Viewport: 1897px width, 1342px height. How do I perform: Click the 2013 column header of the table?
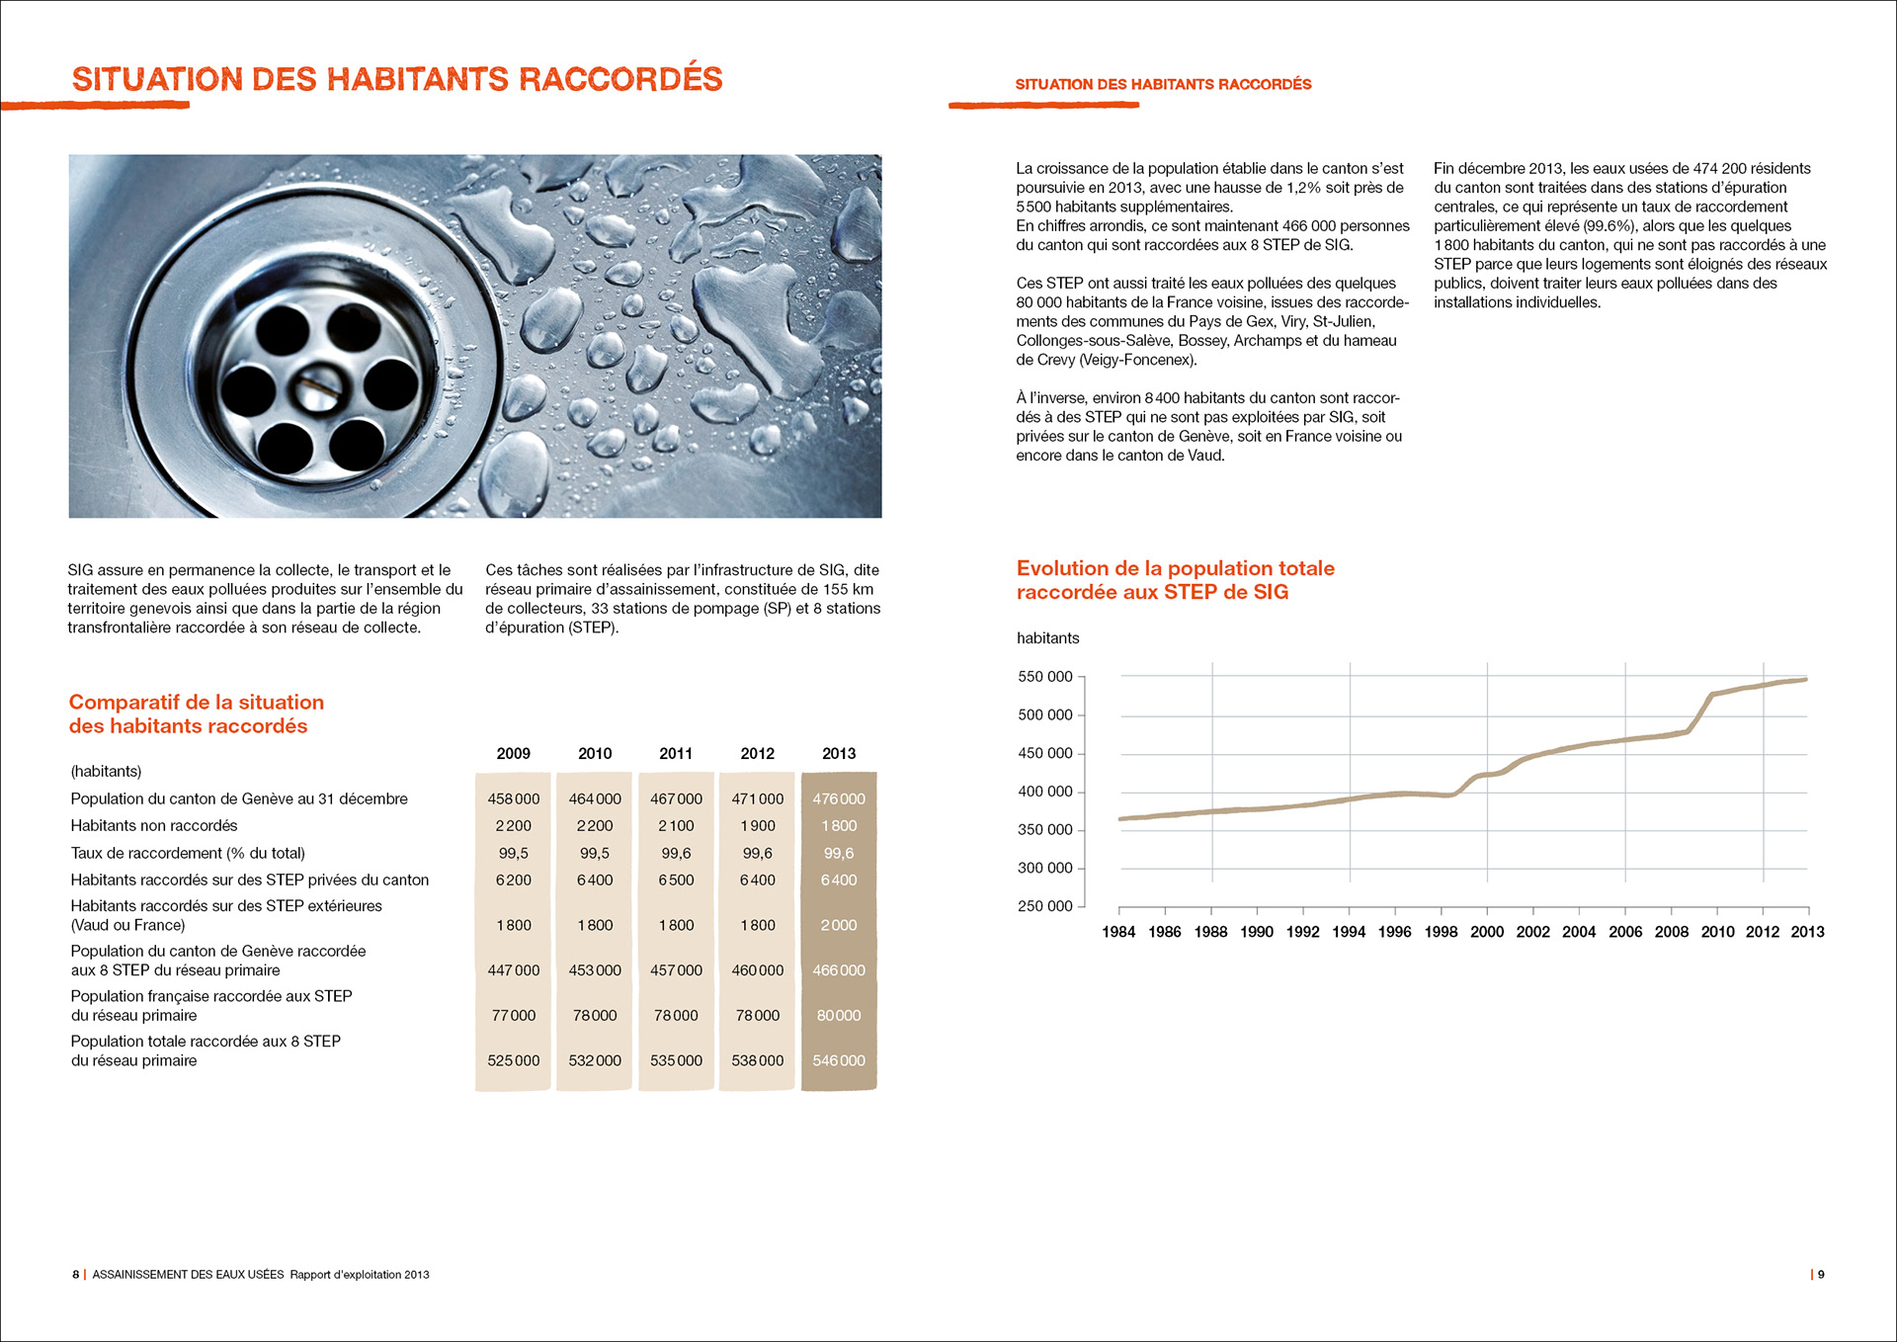pos(839,753)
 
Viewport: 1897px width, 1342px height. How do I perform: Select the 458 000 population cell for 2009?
pos(513,798)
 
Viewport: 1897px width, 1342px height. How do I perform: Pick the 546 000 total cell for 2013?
pos(839,1060)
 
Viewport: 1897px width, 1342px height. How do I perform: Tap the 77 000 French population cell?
pos(513,1015)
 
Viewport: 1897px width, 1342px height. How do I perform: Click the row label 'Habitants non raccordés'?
pos(154,825)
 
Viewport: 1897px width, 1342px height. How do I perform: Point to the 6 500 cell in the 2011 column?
pos(676,880)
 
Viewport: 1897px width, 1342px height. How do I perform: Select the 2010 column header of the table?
pos(595,753)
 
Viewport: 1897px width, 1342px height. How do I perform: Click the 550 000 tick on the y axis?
pos(1044,677)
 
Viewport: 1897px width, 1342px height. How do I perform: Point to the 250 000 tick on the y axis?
pos(1044,906)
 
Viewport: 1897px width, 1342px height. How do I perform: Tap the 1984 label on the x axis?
pos(1118,932)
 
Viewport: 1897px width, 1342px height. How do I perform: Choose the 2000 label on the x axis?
pos(1487,932)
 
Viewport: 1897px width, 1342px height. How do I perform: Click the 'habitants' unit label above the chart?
pos(1047,638)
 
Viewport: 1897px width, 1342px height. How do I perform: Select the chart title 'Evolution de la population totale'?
pos(1175,568)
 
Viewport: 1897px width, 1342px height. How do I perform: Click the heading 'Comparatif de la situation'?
pos(196,703)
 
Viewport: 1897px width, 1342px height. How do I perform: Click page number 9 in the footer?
pos(1821,1275)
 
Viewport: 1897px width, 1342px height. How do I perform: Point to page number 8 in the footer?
pos(75,1275)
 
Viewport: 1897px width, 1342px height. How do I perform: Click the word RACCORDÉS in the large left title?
pos(620,79)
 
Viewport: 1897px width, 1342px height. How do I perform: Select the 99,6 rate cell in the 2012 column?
pos(757,853)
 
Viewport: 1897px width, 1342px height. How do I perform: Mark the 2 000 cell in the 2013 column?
pos(839,925)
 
